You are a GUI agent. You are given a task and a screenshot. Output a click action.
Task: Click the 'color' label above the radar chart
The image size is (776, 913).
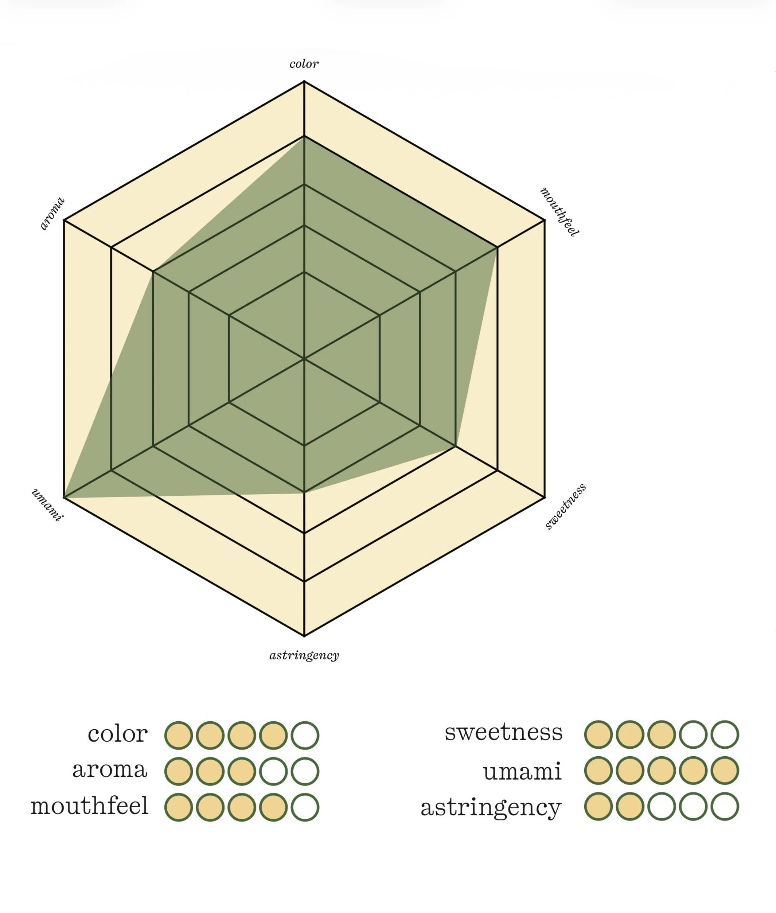[304, 64]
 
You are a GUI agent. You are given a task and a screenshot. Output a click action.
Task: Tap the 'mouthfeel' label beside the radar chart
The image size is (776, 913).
[559, 212]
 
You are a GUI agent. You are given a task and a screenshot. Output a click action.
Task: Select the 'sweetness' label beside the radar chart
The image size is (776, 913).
[566, 506]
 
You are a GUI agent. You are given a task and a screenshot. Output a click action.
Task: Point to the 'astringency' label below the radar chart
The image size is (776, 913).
[304, 656]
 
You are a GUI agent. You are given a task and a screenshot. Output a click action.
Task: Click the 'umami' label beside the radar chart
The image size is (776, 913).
[47, 505]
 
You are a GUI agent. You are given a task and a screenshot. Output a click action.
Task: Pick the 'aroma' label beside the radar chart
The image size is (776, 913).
[52, 214]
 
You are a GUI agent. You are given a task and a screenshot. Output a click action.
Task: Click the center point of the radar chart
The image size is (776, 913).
[305, 359]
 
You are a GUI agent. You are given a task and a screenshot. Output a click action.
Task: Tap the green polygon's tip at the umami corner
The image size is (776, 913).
[65, 497]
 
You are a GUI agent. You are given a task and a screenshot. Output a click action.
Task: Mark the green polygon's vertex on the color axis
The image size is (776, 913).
[305, 137]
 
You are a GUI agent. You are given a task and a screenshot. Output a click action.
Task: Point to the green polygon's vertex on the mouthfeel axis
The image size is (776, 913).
[497, 248]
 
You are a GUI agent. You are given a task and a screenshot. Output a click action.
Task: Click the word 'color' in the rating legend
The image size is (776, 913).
[117, 734]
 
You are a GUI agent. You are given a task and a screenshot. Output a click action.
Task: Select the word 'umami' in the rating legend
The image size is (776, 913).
[522, 772]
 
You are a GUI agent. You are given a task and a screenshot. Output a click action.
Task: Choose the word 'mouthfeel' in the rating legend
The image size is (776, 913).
[89, 807]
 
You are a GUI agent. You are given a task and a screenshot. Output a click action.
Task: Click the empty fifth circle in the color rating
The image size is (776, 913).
[305, 735]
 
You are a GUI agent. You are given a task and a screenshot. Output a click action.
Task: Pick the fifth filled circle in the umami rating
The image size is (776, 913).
[724, 771]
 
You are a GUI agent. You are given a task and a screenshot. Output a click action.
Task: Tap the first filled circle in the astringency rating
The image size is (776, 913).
[598, 807]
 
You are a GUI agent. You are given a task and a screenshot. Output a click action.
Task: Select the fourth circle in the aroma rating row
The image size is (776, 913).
[273, 771]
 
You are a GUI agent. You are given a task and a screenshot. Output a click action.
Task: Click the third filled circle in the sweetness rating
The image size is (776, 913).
[662, 734]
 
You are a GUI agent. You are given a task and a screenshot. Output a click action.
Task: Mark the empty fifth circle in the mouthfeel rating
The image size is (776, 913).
[305, 807]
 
